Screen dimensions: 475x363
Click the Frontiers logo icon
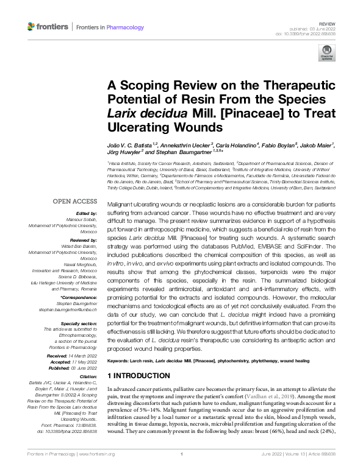tap(32, 27)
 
